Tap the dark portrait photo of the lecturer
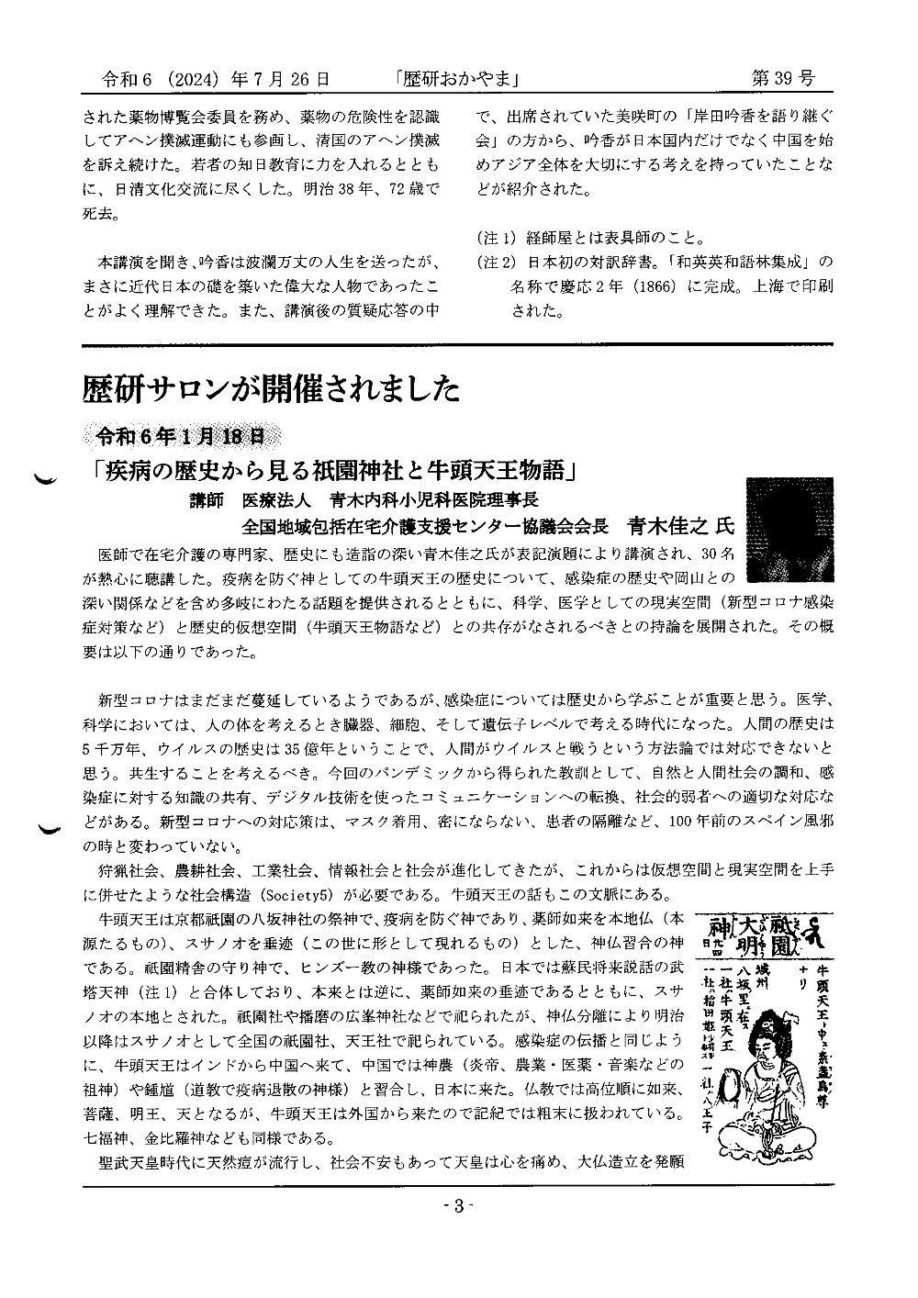[782, 530]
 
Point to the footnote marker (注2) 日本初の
[499, 261]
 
